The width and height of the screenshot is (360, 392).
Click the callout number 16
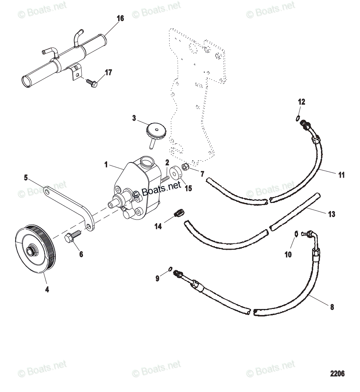coord(120,18)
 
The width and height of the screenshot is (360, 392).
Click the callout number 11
coord(341,175)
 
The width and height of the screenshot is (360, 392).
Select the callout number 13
coord(332,214)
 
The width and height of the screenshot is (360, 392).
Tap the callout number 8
coord(332,308)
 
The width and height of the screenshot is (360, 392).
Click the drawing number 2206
coord(337,374)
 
